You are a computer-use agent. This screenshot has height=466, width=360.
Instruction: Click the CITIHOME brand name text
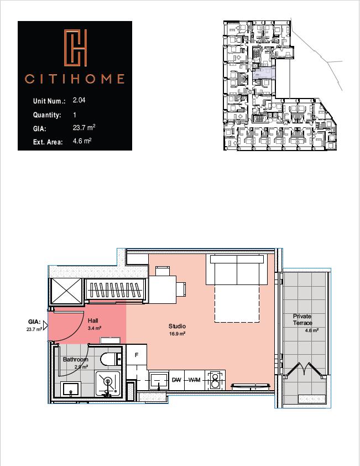(x=75, y=79)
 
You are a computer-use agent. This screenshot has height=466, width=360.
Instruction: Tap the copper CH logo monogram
(x=75, y=47)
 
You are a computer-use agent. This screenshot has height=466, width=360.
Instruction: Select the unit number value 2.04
(x=79, y=101)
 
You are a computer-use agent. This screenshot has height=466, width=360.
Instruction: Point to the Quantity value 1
(x=75, y=115)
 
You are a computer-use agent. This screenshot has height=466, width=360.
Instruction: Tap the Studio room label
(x=178, y=327)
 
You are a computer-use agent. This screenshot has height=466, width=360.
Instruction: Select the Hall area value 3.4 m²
(x=95, y=328)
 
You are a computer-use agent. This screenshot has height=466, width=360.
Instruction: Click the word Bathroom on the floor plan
(x=75, y=359)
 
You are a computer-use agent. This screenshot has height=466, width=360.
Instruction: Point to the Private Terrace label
(x=302, y=319)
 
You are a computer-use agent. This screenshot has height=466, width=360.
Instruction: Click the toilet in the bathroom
(x=110, y=359)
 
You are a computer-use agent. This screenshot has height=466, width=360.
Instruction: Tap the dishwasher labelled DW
(x=176, y=380)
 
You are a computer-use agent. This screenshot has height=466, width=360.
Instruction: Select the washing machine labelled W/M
(x=194, y=380)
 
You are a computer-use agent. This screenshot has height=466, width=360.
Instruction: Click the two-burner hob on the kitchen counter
(x=213, y=380)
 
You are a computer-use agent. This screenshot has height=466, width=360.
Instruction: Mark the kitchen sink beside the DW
(x=159, y=380)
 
